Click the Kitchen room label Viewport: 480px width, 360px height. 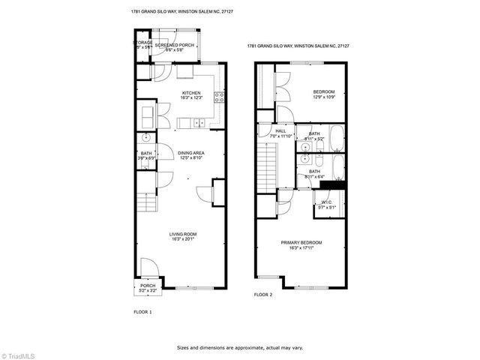pyautogui.click(x=191, y=93)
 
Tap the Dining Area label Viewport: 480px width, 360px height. pyautogui.click(x=191, y=153)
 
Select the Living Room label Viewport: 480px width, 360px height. pyautogui.click(x=181, y=235)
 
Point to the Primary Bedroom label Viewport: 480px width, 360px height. pyautogui.click(x=301, y=242)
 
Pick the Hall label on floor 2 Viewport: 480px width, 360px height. pyautogui.click(x=270, y=130)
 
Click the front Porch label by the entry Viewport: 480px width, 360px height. pyautogui.click(x=148, y=285)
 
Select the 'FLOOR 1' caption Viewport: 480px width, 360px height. pyautogui.click(x=142, y=311)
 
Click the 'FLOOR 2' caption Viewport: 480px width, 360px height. pyautogui.click(x=262, y=295)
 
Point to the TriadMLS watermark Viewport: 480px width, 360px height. pyautogui.click(x=18, y=352)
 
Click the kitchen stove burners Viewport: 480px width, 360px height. pyautogui.click(x=219, y=96)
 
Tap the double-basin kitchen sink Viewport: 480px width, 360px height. pyautogui.click(x=198, y=123)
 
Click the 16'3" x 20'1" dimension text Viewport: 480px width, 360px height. pyautogui.click(x=181, y=239)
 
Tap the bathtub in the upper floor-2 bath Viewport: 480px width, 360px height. pyautogui.click(x=337, y=137)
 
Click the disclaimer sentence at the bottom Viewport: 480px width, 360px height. pyautogui.click(x=240, y=347)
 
